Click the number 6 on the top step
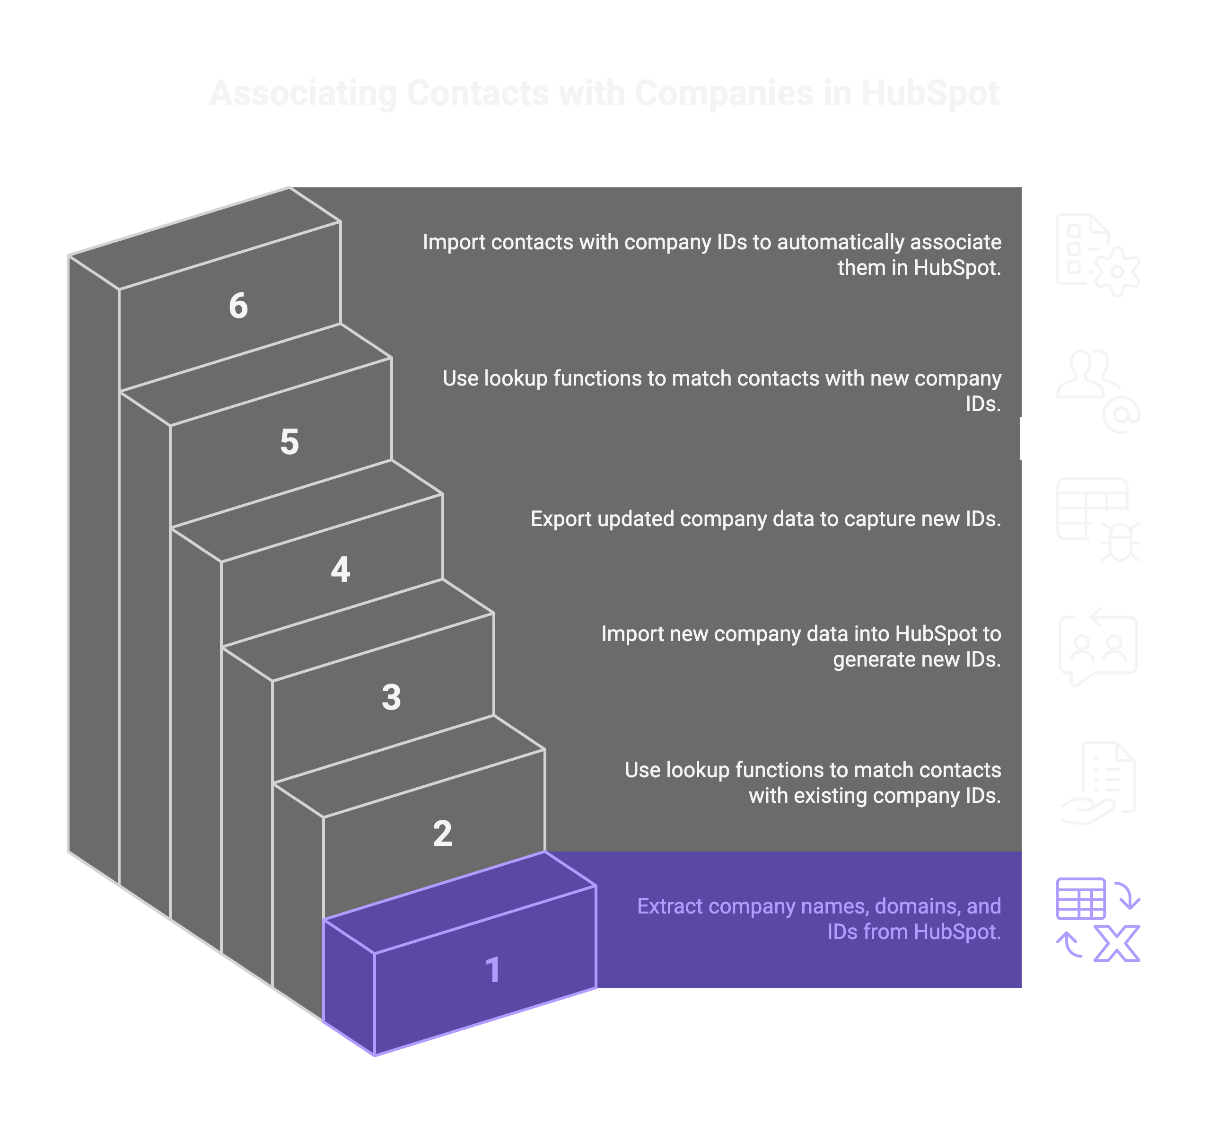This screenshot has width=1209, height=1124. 238,306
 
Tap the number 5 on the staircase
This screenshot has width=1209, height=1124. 289,442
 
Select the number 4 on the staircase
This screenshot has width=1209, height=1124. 341,571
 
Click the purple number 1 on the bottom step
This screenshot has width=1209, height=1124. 493,969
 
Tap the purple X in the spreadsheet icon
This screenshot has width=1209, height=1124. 1117,944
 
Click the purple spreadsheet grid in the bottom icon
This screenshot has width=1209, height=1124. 1081,898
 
